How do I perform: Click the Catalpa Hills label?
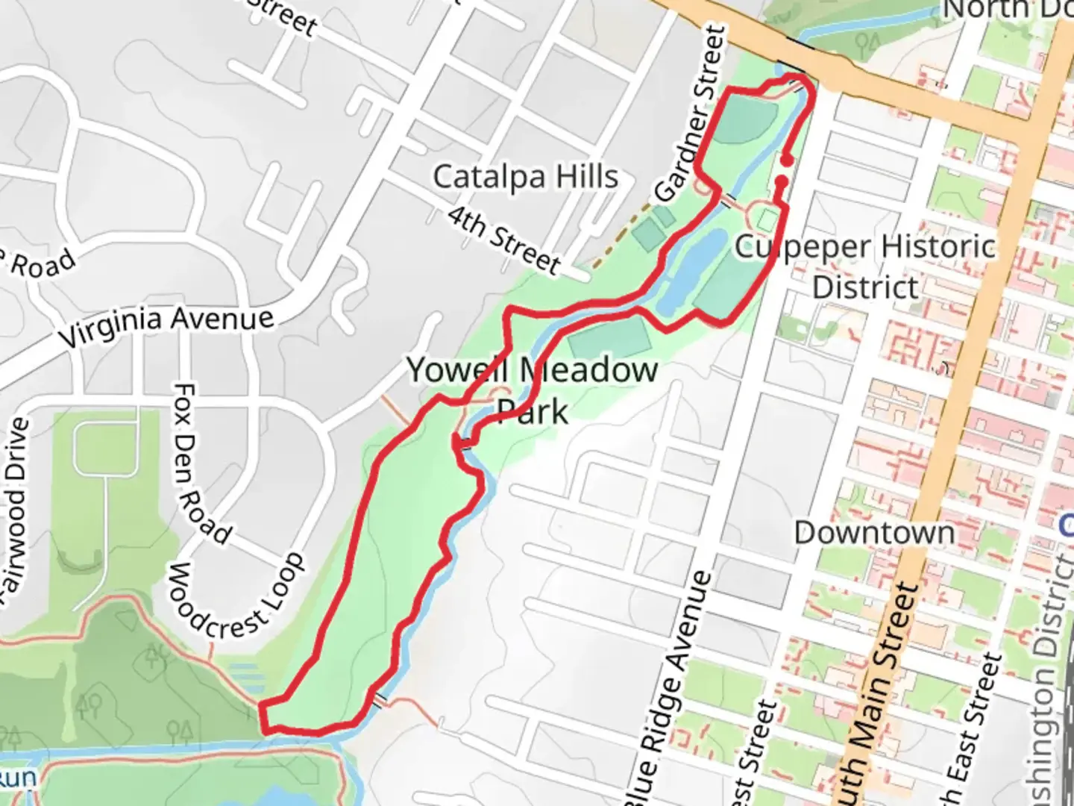pyautogui.click(x=526, y=178)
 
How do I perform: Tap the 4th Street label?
pyautogui.click(x=504, y=239)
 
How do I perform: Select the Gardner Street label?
pyautogui.click(x=691, y=113)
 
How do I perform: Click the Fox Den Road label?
pyautogui.click(x=200, y=463)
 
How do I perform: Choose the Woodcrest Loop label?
pyautogui.click(x=236, y=596)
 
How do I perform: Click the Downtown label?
pyautogui.click(x=874, y=533)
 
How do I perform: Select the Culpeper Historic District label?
pyautogui.click(x=865, y=266)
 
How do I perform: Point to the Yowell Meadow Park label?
pyautogui.click(x=532, y=390)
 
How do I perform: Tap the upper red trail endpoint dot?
pyautogui.click(x=786, y=160)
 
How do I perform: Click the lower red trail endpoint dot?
pyautogui.click(x=782, y=181)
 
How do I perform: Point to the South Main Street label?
pyautogui.click(x=875, y=694)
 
